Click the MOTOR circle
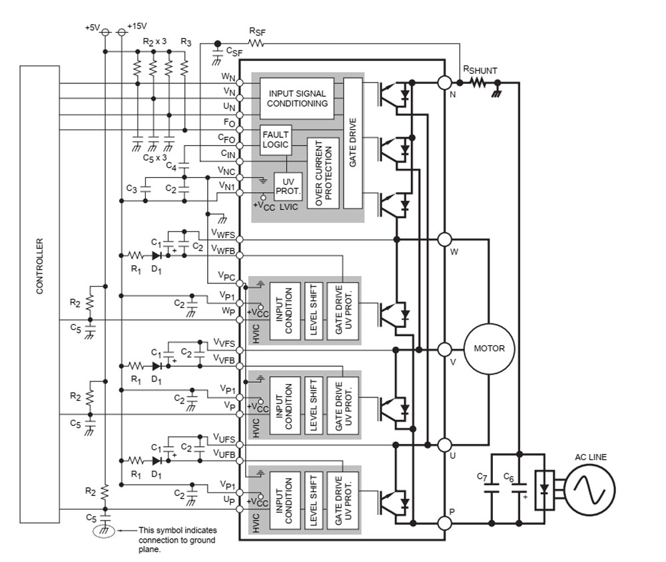(x=489, y=349)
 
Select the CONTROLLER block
(x=40, y=294)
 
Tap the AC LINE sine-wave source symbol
(x=589, y=491)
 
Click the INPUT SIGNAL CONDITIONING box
(x=297, y=99)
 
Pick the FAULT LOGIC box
(x=276, y=139)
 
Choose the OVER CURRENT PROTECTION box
(x=323, y=172)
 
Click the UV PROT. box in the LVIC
(x=288, y=187)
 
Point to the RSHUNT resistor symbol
(x=478, y=83)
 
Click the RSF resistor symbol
(x=256, y=44)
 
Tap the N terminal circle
(x=445, y=83)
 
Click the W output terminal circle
(x=445, y=239)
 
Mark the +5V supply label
(x=92, y=27)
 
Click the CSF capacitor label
(x=234, y=51)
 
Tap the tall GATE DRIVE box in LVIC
(x=352, y=143)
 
